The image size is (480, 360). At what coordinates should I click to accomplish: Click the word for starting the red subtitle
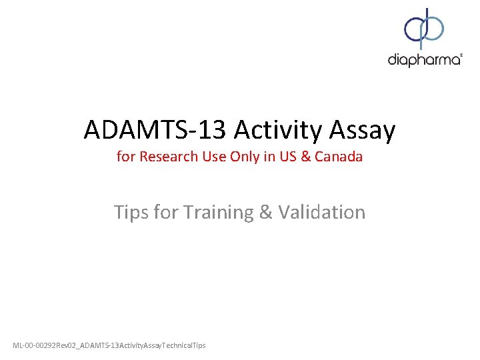[x=125, y=157]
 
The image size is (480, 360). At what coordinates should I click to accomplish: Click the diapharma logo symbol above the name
[x=424, y=28]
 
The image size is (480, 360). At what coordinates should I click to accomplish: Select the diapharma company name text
[x=423, y=60]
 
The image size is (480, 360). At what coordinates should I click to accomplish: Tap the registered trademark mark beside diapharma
[x=461, y=56]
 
